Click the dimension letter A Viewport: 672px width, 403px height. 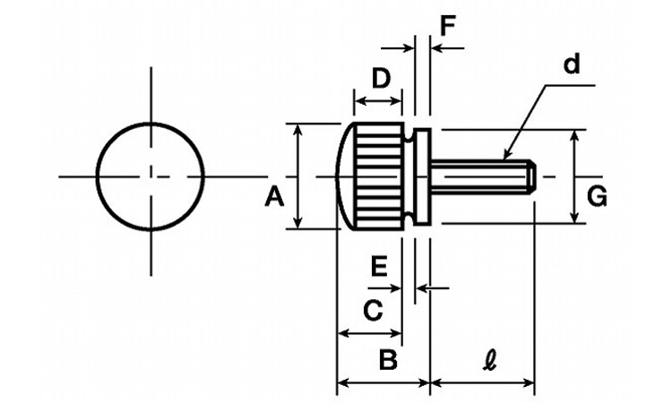274,195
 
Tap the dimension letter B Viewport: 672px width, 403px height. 387,360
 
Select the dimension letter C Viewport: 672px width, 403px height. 372,311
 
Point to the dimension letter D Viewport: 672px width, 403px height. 381,79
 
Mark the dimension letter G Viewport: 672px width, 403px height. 596,195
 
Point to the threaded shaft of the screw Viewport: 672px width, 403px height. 479,176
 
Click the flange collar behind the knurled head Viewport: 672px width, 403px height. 424,176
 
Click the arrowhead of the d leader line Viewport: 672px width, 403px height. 507,157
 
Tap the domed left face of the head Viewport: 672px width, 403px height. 343,176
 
